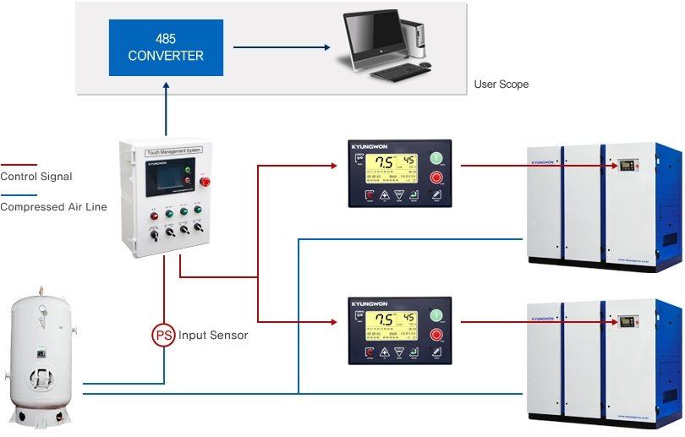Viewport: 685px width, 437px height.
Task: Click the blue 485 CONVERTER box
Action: click(166, 47)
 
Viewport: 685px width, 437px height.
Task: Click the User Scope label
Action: click(501, 85)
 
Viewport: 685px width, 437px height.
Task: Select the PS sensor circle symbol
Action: click(163, 336)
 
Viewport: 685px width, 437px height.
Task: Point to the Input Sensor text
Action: click(213, 336)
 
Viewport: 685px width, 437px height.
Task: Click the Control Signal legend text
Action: click(36, 177)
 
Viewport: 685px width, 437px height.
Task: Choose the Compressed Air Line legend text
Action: click(53, 206)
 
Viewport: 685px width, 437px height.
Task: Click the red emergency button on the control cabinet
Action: click(202, 181)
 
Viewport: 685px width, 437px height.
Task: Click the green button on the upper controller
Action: click(436, 158)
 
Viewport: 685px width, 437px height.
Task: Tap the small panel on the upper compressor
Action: click(627, 166)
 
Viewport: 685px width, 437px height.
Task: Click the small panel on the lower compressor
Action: click(627, 323)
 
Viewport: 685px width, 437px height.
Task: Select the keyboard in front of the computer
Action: click(401, 74)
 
